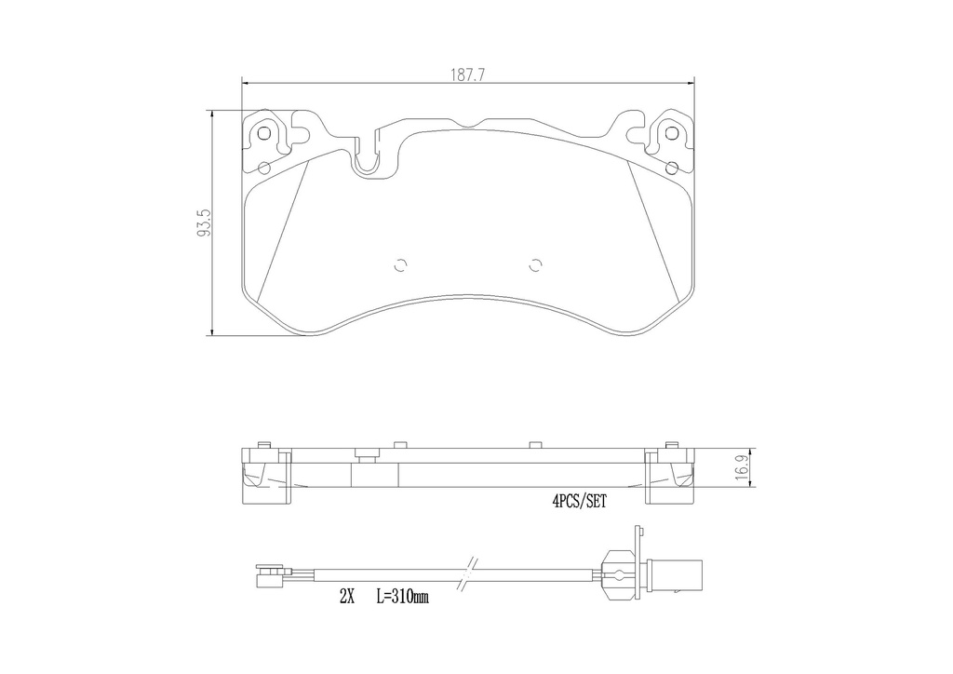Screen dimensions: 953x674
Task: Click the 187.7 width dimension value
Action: (x=467, y=74)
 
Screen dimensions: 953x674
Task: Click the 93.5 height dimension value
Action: (x=204, y=222)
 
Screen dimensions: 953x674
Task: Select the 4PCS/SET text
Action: (x=579, y=502)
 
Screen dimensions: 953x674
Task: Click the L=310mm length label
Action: (x=402, y=597)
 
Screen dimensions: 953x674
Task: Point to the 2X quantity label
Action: (x=346, y=597)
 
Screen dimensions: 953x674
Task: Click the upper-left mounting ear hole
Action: (x=264, y=133)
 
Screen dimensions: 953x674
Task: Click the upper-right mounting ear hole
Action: (x=671, y=133)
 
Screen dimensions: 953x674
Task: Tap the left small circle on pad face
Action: (x=400, y=265)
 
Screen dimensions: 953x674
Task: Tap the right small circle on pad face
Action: (x=535, y=265)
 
